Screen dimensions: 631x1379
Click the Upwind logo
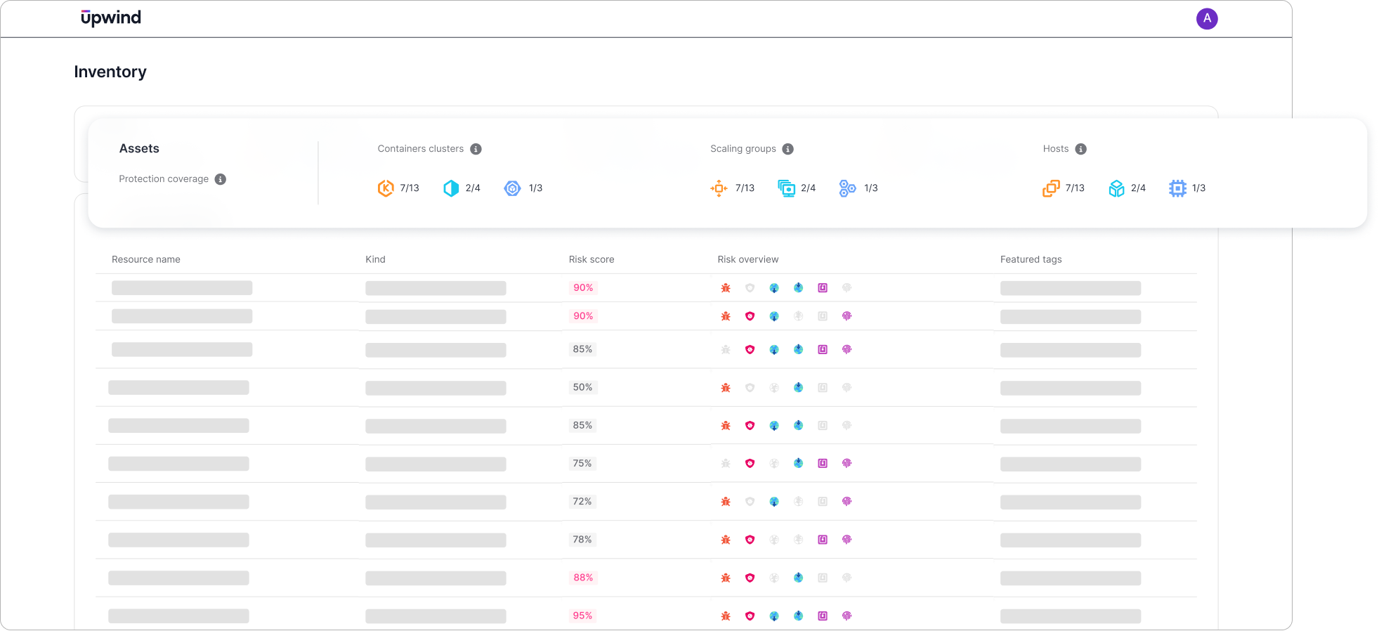point(111,18)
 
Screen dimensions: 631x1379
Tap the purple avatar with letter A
point(1206,19)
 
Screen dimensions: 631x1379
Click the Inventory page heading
point(110,72)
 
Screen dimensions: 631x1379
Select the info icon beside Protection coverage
point(220,179)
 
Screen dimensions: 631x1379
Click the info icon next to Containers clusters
point(476,149)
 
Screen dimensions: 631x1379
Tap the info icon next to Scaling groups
point(787,149)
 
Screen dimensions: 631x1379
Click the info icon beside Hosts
point(1080,149)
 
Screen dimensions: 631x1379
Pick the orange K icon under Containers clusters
point(386,188)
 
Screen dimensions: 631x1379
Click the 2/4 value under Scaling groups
point(808,188)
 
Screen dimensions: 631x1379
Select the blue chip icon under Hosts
point(1177,188)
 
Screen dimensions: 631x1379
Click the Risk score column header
point(591,259)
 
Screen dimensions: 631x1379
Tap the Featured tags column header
point(1031,259)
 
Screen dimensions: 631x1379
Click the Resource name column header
point(146,259)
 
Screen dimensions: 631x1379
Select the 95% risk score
point(582,616)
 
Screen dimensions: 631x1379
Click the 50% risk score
point(582,387)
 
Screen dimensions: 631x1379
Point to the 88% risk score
point(582,578)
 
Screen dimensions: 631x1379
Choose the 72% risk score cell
point(582,502)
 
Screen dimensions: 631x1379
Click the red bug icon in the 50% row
point(726,388)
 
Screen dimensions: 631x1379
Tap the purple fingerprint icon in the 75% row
point(847,464)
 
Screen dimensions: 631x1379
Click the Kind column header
point(375,259)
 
